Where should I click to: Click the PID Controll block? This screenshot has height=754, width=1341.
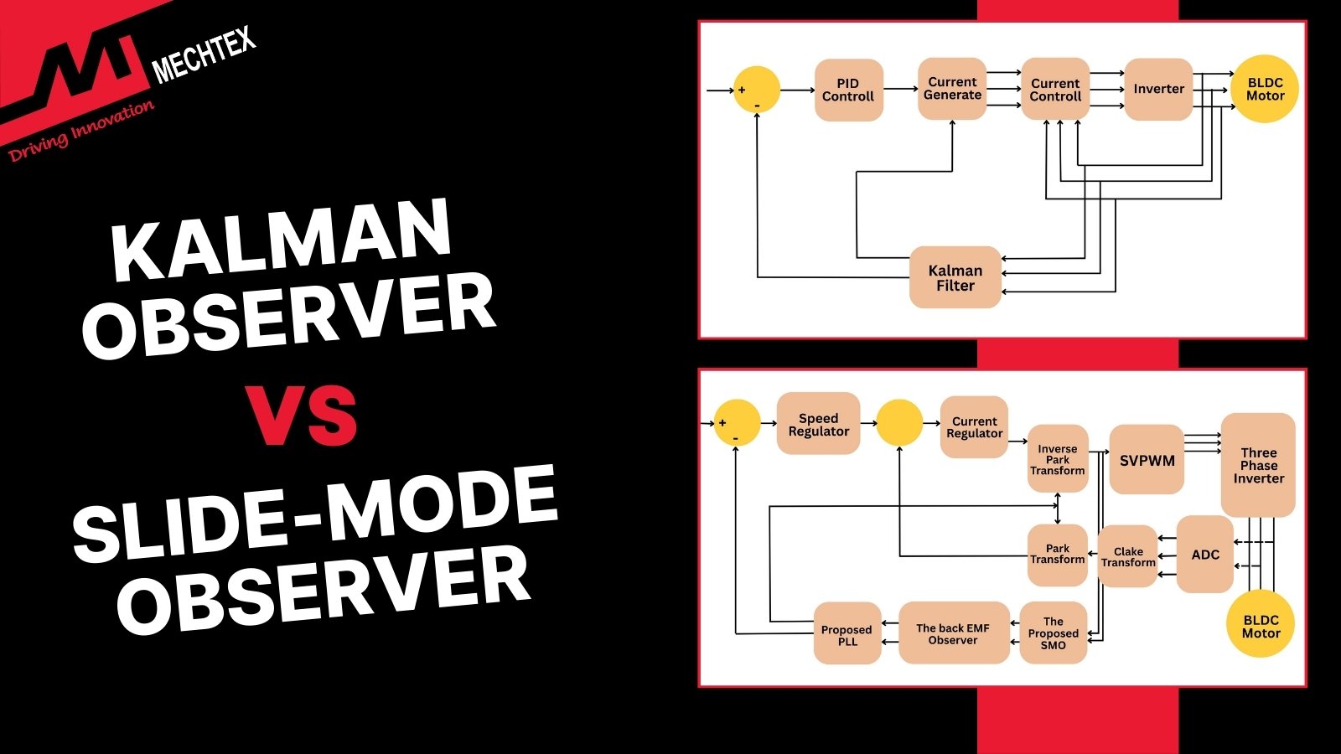coord(848,90)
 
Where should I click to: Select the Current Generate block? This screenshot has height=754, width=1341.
coord(952,89)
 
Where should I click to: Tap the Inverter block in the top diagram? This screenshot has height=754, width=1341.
coord(1158,89)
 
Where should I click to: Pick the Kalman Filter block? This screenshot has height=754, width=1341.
coord(955,277)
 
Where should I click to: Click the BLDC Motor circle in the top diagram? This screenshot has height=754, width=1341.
coord(1265,89)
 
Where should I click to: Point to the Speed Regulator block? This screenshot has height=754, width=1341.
coord(818,424)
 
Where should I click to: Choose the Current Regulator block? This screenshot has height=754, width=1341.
coord(974,427)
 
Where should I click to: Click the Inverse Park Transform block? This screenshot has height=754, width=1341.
coord(1057,459)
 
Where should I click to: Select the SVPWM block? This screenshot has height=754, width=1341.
coord(1147,460)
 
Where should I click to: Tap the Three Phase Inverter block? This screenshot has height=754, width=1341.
coord(1258,465)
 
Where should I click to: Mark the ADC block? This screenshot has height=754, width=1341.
coord(1204,555)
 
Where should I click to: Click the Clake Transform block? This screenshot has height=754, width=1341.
coord(1127,556)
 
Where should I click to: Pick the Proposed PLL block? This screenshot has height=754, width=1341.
coord(847,634)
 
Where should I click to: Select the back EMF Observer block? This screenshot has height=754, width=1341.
coord(953,633)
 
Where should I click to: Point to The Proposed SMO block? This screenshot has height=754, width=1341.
coord(1053,633)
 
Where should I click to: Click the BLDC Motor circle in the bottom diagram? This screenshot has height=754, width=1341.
coord(1261,626)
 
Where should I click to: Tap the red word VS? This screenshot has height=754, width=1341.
coord(304,415)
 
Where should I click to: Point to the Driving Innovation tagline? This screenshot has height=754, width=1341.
coord(81,131)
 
